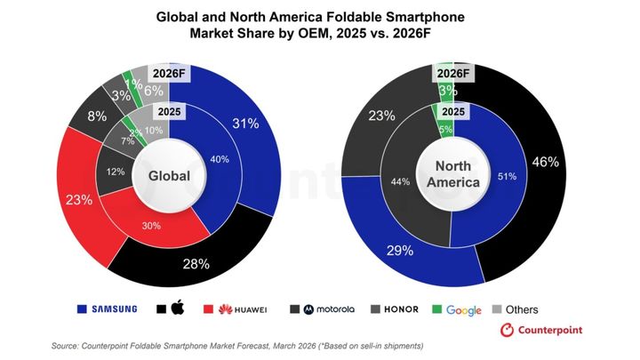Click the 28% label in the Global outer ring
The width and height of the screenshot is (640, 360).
[196, 263]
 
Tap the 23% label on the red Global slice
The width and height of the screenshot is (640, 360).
[79, 200]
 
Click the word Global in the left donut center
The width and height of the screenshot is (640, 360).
[169, 176]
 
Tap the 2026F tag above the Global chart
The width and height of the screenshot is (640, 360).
[169, 73]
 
